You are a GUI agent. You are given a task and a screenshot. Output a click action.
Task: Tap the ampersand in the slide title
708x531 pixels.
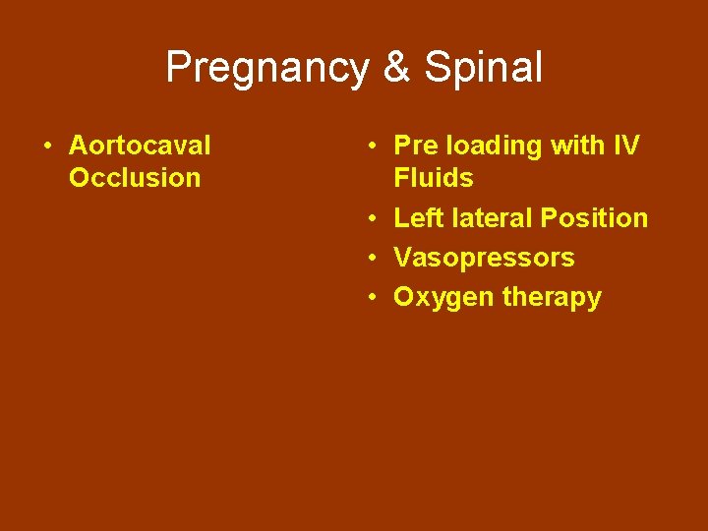click(397, 68)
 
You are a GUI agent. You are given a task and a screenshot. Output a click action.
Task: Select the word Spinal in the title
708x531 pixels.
click(483, 68)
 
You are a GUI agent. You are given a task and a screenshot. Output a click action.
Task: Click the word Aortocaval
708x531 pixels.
click(140, 146)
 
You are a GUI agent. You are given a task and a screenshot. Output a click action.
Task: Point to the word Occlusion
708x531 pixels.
click(135, 178)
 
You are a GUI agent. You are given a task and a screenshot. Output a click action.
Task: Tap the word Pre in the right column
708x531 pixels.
click(414, 146)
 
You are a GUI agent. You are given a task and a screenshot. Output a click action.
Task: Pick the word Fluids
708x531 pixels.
click(433, 178)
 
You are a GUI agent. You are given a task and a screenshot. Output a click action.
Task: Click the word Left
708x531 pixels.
click(415, 218)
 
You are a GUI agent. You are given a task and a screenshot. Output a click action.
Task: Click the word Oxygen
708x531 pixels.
click(443, 298)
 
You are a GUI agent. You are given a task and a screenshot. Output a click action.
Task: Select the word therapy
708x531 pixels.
click(552, 298)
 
